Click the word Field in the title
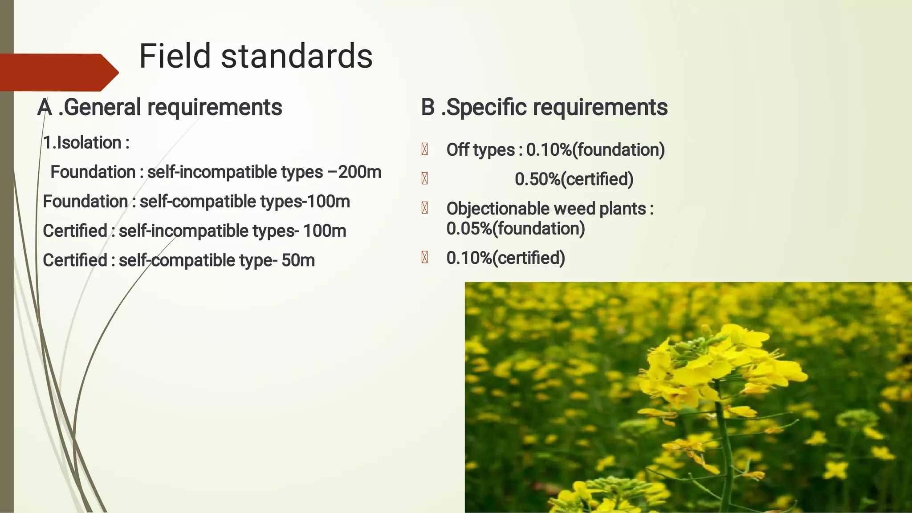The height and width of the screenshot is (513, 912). pos(175,57)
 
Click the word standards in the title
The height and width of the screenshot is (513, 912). pos(297,57)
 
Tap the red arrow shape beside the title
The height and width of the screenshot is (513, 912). pos(58,73)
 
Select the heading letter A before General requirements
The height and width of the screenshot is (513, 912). pos(45,108)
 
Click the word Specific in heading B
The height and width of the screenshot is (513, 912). pos(486,108)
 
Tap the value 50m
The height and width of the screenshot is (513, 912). pos(298,260)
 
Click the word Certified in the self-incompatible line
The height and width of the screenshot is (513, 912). pos(75,231)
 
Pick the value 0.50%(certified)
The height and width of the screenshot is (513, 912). pos(574,179)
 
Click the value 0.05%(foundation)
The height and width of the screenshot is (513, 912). pos(515,229)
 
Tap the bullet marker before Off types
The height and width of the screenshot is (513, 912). pos(424,149)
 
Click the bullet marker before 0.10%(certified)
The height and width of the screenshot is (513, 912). pos(424,258)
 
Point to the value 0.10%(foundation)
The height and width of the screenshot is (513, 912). pos(595,150)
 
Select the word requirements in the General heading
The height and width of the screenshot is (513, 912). pos(214,108)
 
